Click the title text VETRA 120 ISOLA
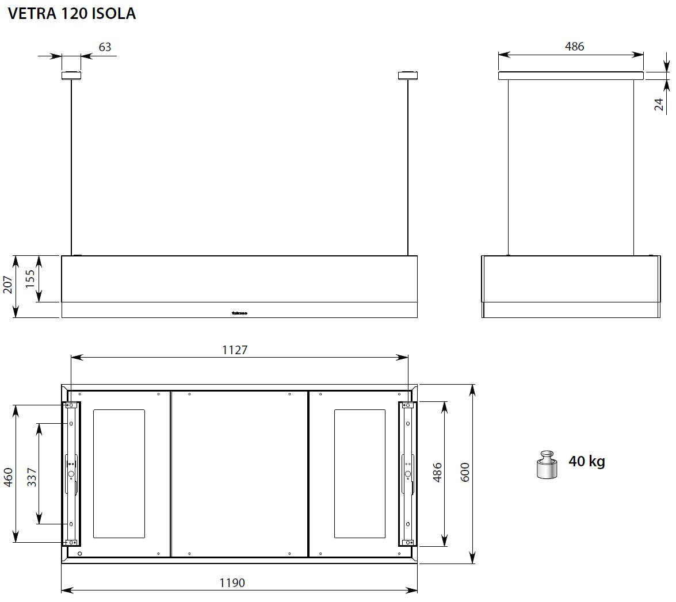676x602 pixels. pos(72,14)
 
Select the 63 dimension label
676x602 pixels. pos(105,47)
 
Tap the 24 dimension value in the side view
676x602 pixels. pos(659,103)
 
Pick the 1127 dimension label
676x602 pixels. pos(234,349)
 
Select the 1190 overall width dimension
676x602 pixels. pos(232,582)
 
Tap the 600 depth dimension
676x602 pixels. pos(465,473)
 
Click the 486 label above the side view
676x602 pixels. pos(574,47)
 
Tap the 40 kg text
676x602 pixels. pos(586,461)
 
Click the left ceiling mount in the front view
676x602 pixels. pos(71,75)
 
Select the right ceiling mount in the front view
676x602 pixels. pos(407,75)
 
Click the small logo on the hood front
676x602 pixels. pos(239,314)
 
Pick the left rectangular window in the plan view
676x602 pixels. pos(119,473)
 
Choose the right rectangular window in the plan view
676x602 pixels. pos(360,473)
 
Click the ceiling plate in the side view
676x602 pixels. pos(571,75)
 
